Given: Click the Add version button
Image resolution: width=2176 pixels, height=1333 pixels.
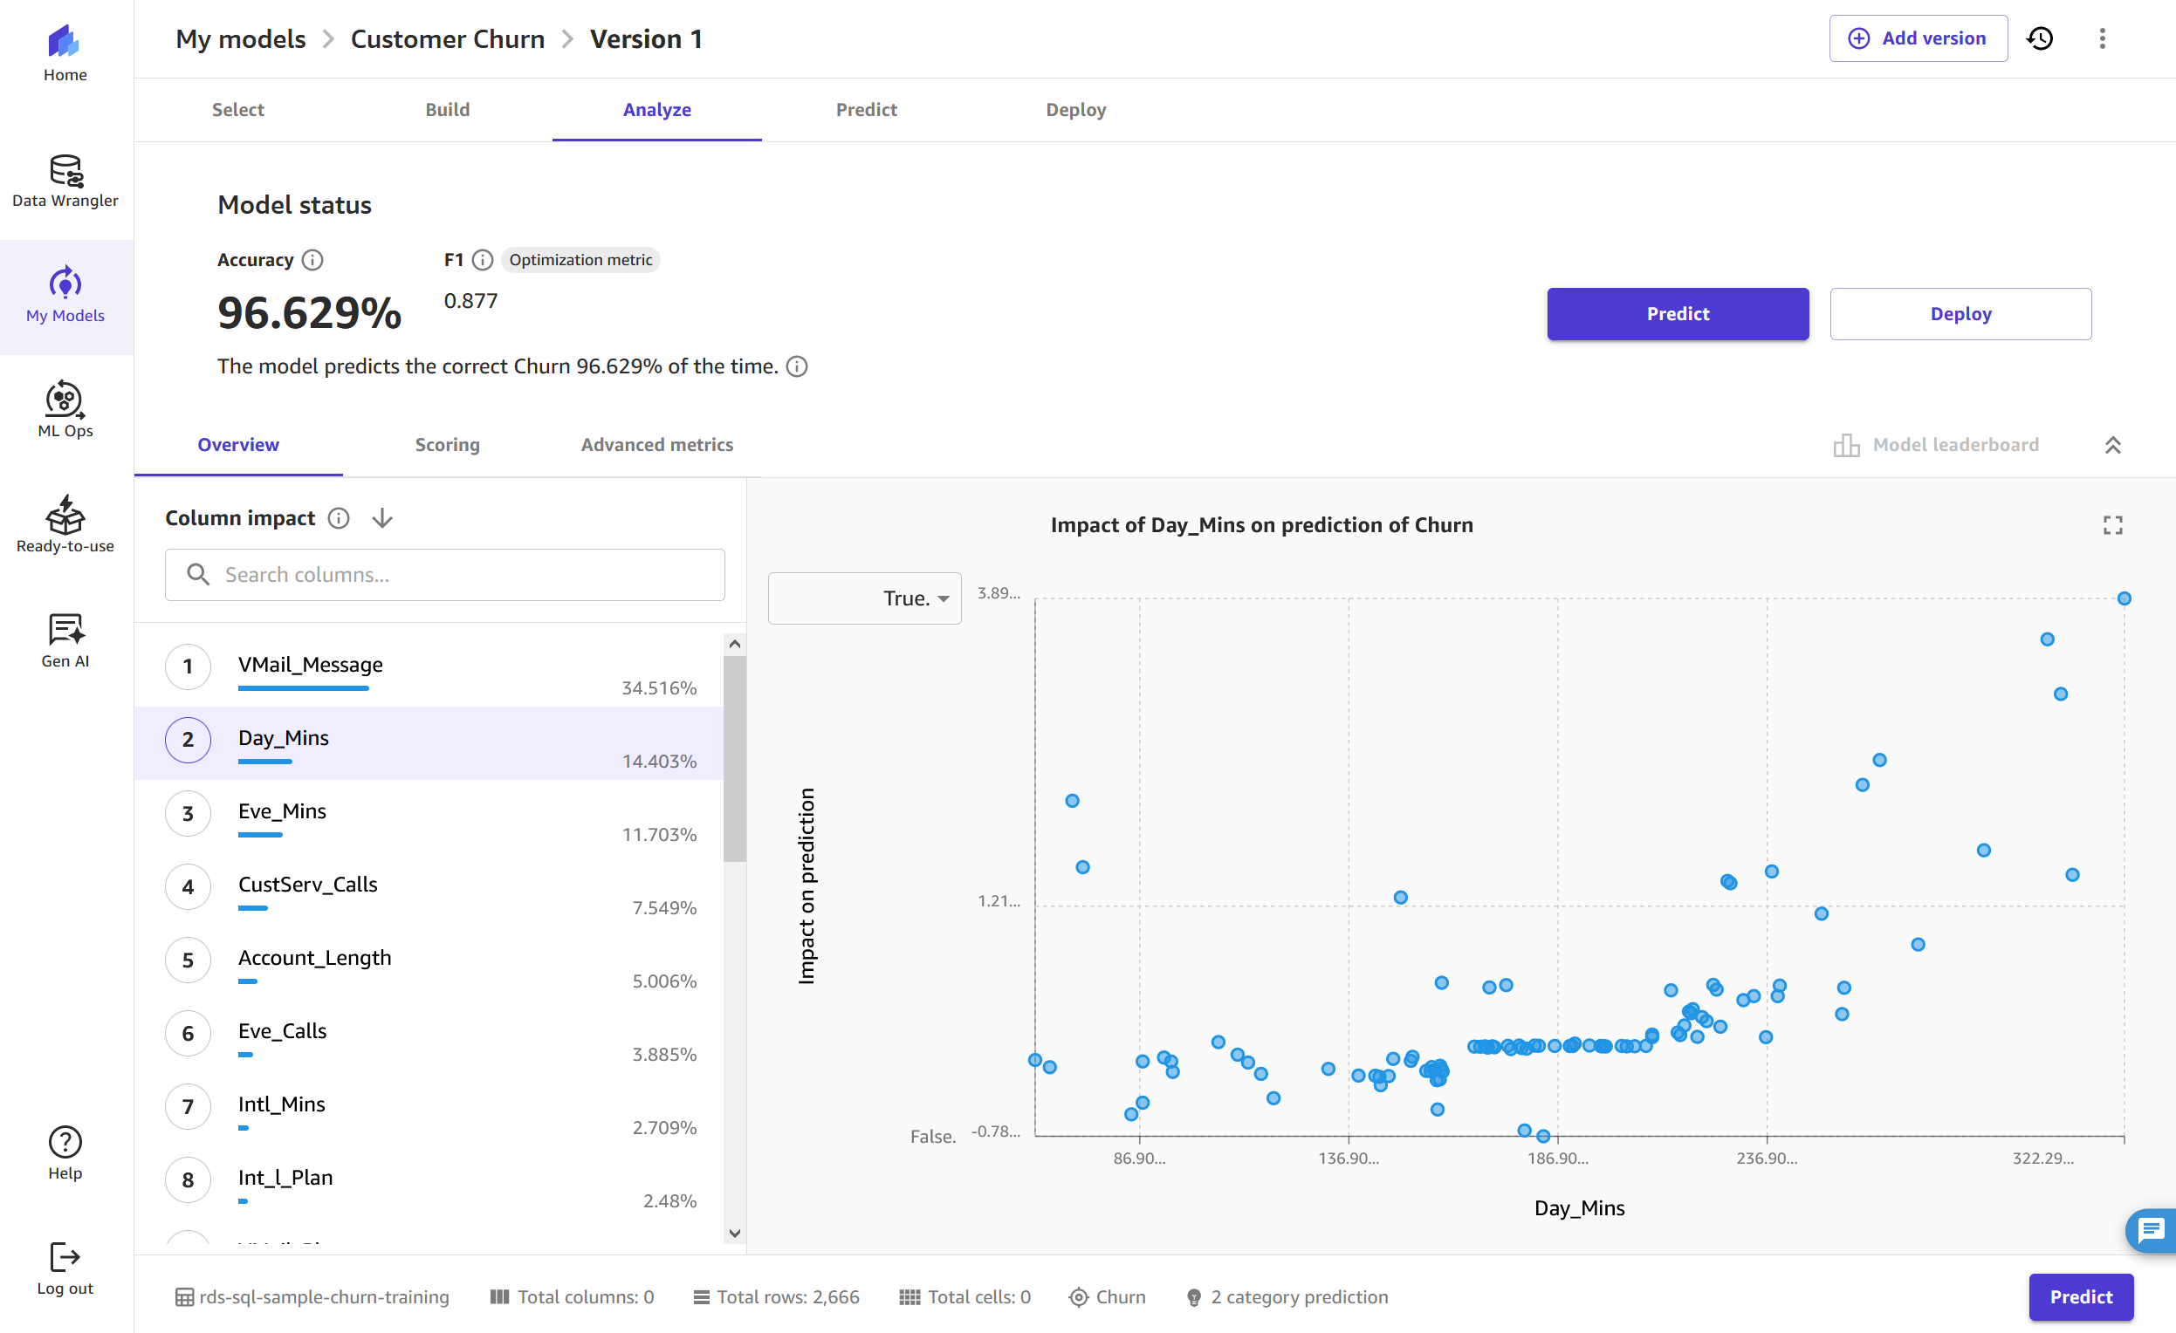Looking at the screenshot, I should point(1918,39).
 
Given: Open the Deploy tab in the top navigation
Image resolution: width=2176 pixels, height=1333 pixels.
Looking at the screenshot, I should point(1075,109).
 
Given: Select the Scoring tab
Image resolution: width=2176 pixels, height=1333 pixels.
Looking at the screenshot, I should point(447,445).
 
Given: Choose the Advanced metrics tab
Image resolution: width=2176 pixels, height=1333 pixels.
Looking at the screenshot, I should point(656,445).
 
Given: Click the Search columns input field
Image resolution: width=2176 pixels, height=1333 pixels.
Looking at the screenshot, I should point(459,575).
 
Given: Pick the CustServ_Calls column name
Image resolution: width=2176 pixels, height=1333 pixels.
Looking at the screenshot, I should point(307,885).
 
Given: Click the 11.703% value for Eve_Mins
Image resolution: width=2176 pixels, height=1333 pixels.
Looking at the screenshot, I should point(659,834).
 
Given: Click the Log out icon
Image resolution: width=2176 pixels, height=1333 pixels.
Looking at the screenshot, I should point(65,1257).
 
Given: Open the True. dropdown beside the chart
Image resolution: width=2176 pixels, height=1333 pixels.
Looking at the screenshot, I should point(865,598).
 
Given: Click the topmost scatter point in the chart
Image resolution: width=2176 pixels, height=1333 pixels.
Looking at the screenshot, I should point(2124,598).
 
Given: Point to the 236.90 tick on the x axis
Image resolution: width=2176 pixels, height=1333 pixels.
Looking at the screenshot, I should point(1767,1159).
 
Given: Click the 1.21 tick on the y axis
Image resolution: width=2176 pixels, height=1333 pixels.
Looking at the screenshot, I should point(999,901).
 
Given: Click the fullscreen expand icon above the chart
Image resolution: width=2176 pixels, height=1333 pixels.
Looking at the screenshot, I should point(2112,526).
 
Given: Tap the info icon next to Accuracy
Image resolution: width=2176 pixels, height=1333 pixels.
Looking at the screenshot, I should point(312,261).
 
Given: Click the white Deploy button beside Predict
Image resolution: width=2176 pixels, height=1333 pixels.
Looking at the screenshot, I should point(1960,314).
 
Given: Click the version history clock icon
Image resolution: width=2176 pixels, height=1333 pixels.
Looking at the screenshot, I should point(2040,39).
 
